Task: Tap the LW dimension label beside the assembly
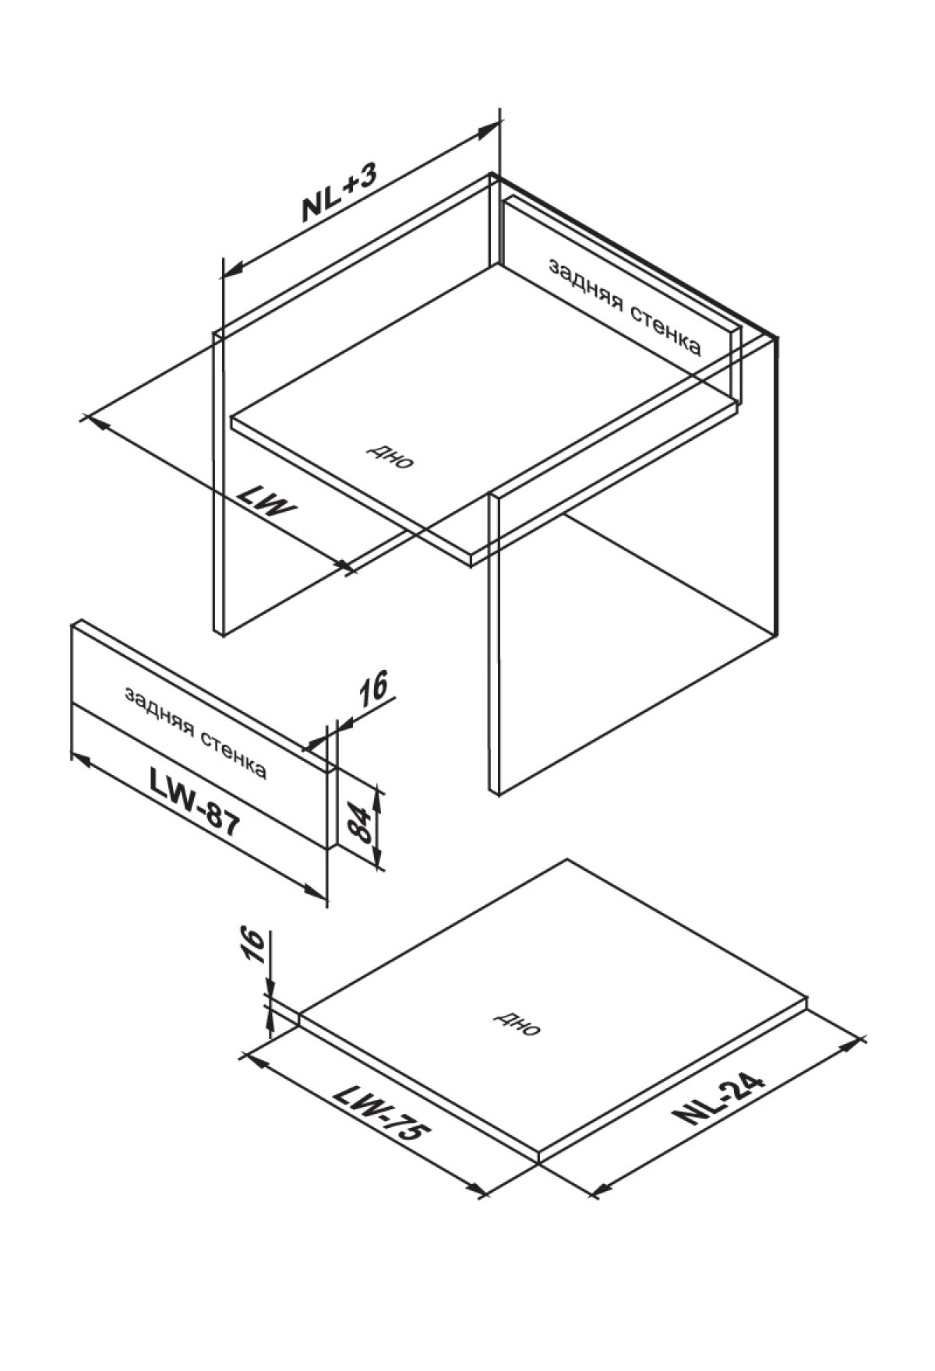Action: pyautogui.click(x=267, y=503)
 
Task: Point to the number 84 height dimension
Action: pyautogui.click(x=358, y=824)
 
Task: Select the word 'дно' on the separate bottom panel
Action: pyautogui.click(x=517, y=1025)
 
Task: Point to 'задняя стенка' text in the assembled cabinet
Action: pyautogui.click(x=625, y=307)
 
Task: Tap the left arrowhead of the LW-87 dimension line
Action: pyautogui.click(x=83, y=759)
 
